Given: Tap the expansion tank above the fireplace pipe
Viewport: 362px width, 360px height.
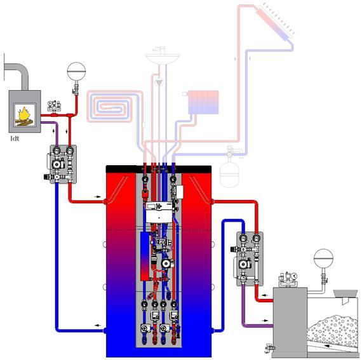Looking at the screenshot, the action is click(x=76, y=71).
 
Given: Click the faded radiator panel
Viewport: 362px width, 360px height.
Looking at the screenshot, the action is click(x=203, y=102).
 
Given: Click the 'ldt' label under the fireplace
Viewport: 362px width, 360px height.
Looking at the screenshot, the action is click(x=15, y=138).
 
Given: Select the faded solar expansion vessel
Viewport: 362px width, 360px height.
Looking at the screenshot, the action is click(x=229, y=175).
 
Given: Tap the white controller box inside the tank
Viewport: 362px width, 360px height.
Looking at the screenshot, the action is click(x=159, y=213).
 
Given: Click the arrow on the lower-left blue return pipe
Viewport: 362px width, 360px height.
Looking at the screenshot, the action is click(x=98, y=325).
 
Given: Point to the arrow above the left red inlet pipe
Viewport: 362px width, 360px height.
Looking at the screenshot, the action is click(x=97, y=197).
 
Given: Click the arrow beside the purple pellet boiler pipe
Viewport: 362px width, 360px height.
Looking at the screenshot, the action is click(x=265, y=321).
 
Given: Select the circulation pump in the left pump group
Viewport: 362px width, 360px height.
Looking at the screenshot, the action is click(x=57, y=164).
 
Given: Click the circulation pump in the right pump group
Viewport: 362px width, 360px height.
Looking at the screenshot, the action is click(x=243, y=264).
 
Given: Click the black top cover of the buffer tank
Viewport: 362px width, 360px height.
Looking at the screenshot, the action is click(x=159, y=169).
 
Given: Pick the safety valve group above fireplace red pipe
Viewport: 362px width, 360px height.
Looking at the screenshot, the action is click(x=54, y=106).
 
